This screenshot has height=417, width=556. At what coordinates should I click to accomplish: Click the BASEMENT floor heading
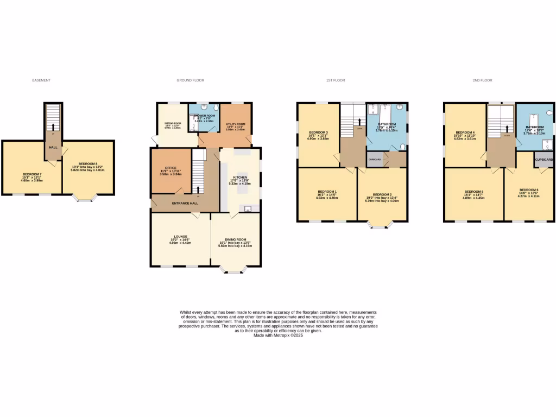tap(41, 80)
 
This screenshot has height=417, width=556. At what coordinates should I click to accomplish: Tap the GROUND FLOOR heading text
tap(190, 80)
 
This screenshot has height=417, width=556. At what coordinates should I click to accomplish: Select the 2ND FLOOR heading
tap(482, 80)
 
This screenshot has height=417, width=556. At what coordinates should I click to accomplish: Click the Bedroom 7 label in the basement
tap(32, 174)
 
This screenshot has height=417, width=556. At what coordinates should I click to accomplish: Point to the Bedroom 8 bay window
tap(84, 198)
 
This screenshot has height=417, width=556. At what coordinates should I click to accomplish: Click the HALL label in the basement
tap(53, 147)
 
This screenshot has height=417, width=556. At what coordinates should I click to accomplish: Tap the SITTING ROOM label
tap(172, 124)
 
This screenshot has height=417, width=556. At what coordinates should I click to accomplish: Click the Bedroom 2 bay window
tap(382, 224)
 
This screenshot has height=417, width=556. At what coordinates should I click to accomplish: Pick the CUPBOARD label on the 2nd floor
tap(544, 160)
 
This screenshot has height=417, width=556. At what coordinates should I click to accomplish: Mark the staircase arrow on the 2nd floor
tap(507, 129)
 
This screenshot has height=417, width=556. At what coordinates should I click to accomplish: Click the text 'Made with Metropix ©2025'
tap(278, 336)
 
